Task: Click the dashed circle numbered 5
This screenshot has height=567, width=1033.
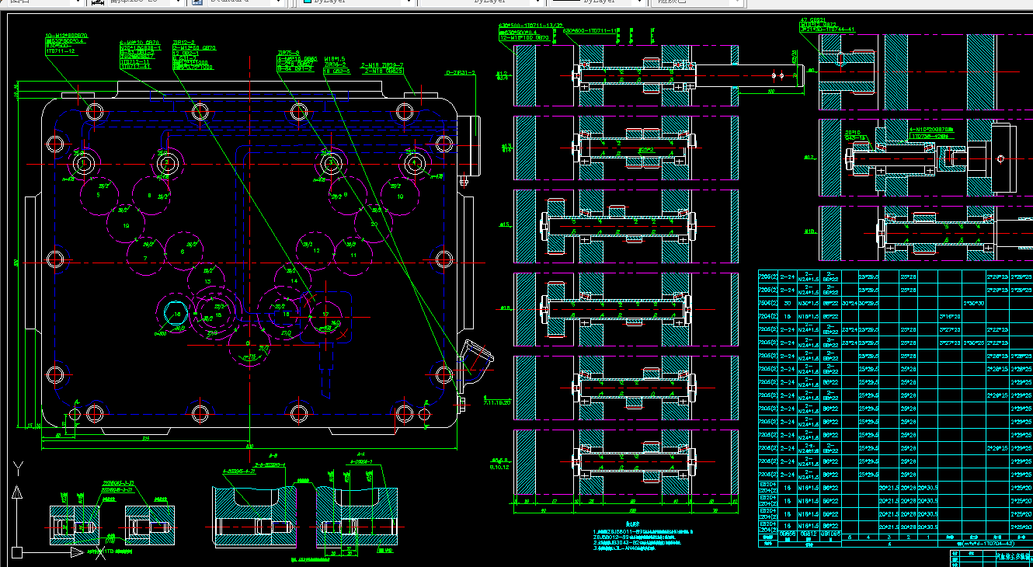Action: point(99,194)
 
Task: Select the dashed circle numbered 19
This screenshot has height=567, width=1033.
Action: point(127,226)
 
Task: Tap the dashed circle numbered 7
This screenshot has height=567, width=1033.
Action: point(145,257)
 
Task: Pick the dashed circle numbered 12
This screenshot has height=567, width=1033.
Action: point(316,250)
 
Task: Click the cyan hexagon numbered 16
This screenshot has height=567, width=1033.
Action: point(178,314)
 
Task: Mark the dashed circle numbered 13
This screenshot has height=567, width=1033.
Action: point(207,281)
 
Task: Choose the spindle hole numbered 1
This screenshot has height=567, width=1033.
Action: point(83,163)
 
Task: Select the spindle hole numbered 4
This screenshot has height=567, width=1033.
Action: point(415,163)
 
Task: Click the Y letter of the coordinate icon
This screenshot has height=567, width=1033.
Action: point(16,468)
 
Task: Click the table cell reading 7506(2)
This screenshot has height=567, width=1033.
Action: point(767,304)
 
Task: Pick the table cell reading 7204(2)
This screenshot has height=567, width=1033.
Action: point(767,317)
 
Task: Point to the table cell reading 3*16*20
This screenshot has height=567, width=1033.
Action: point(950,317)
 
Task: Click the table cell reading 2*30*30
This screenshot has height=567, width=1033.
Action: point(973,304)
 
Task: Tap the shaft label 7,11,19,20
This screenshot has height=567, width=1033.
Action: point(497,403)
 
